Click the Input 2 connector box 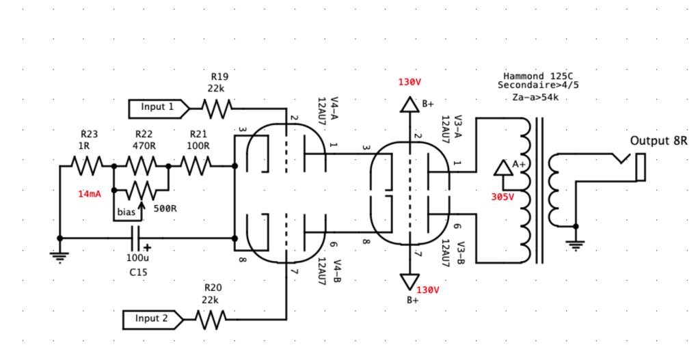(151, 318)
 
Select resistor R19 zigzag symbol (217, 107)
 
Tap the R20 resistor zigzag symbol (211, 318)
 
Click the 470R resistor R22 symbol (141, 165)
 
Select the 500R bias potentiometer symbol (141, 189)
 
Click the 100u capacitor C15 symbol (137, 238)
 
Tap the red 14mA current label (90, 194)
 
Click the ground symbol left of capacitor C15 (60, 255)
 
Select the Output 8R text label (658, 141)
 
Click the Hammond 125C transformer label (533, 76)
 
